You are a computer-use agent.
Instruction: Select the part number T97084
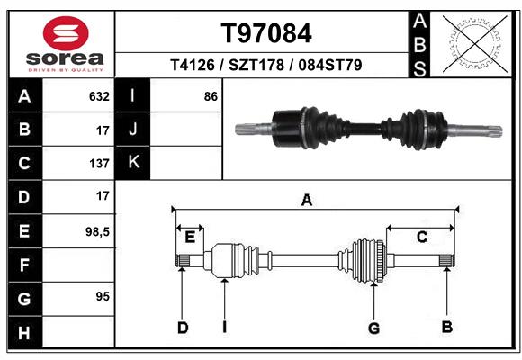[x=266, y=34]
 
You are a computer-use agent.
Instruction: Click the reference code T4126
[x=194, y=67]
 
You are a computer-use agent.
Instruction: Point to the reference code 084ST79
[x=330, y=67]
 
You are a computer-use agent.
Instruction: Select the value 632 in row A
[x=99, y=96]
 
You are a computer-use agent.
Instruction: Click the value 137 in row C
[x=99, y=164]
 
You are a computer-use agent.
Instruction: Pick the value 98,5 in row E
[x=96, y=231]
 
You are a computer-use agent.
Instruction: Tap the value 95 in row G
[x=102, y=296]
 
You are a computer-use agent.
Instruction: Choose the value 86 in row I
[x=211, y=96]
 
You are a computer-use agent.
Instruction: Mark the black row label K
[x=134, y=163]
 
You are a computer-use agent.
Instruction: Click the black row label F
[x=24, y=265]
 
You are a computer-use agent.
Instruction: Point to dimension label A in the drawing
[x=307, y=201]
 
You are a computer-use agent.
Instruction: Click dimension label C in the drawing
[x=420, y=238]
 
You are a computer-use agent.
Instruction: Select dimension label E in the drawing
[x=190, y=238]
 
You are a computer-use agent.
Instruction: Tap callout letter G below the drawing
[x=373, y=328]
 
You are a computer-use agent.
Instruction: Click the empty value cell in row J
[x=186, y=130]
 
